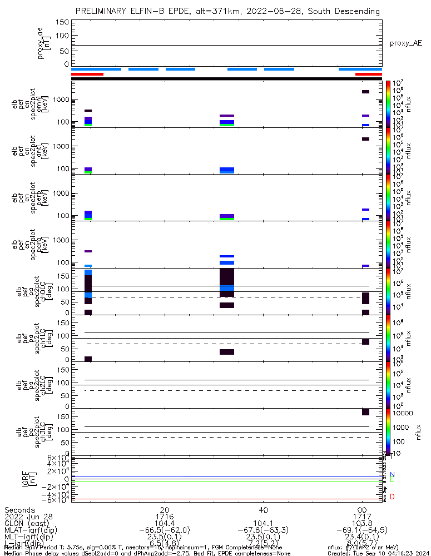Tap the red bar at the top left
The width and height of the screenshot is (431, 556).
(x=87, y=74)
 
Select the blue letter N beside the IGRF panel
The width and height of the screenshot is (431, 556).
(x=392, y=475)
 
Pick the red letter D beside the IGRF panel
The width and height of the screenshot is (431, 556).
(x=392, y=497)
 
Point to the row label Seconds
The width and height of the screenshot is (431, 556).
(x=19, y=510)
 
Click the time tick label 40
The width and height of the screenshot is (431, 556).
(x=264, y=510)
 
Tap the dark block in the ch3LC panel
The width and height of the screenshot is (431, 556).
(x=365, y=412)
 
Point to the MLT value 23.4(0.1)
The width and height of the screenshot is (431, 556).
(x=362, y=538)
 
